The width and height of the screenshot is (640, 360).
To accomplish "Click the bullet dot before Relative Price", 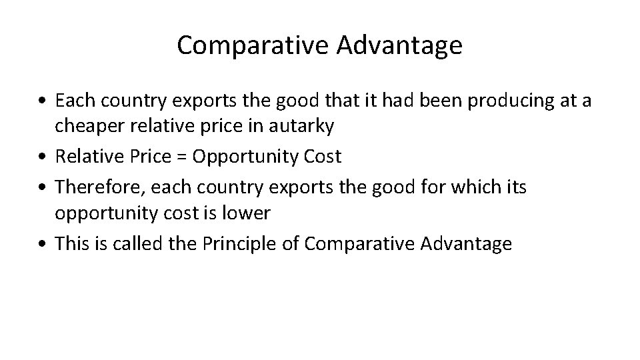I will [42, 158].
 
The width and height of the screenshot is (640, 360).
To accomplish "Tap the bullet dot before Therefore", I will [42, 187].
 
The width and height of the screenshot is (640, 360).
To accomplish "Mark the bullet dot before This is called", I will [42, 245].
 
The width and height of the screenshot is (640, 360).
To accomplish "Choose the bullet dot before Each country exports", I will [42, 101].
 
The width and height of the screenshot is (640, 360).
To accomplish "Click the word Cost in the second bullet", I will [321, 157].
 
